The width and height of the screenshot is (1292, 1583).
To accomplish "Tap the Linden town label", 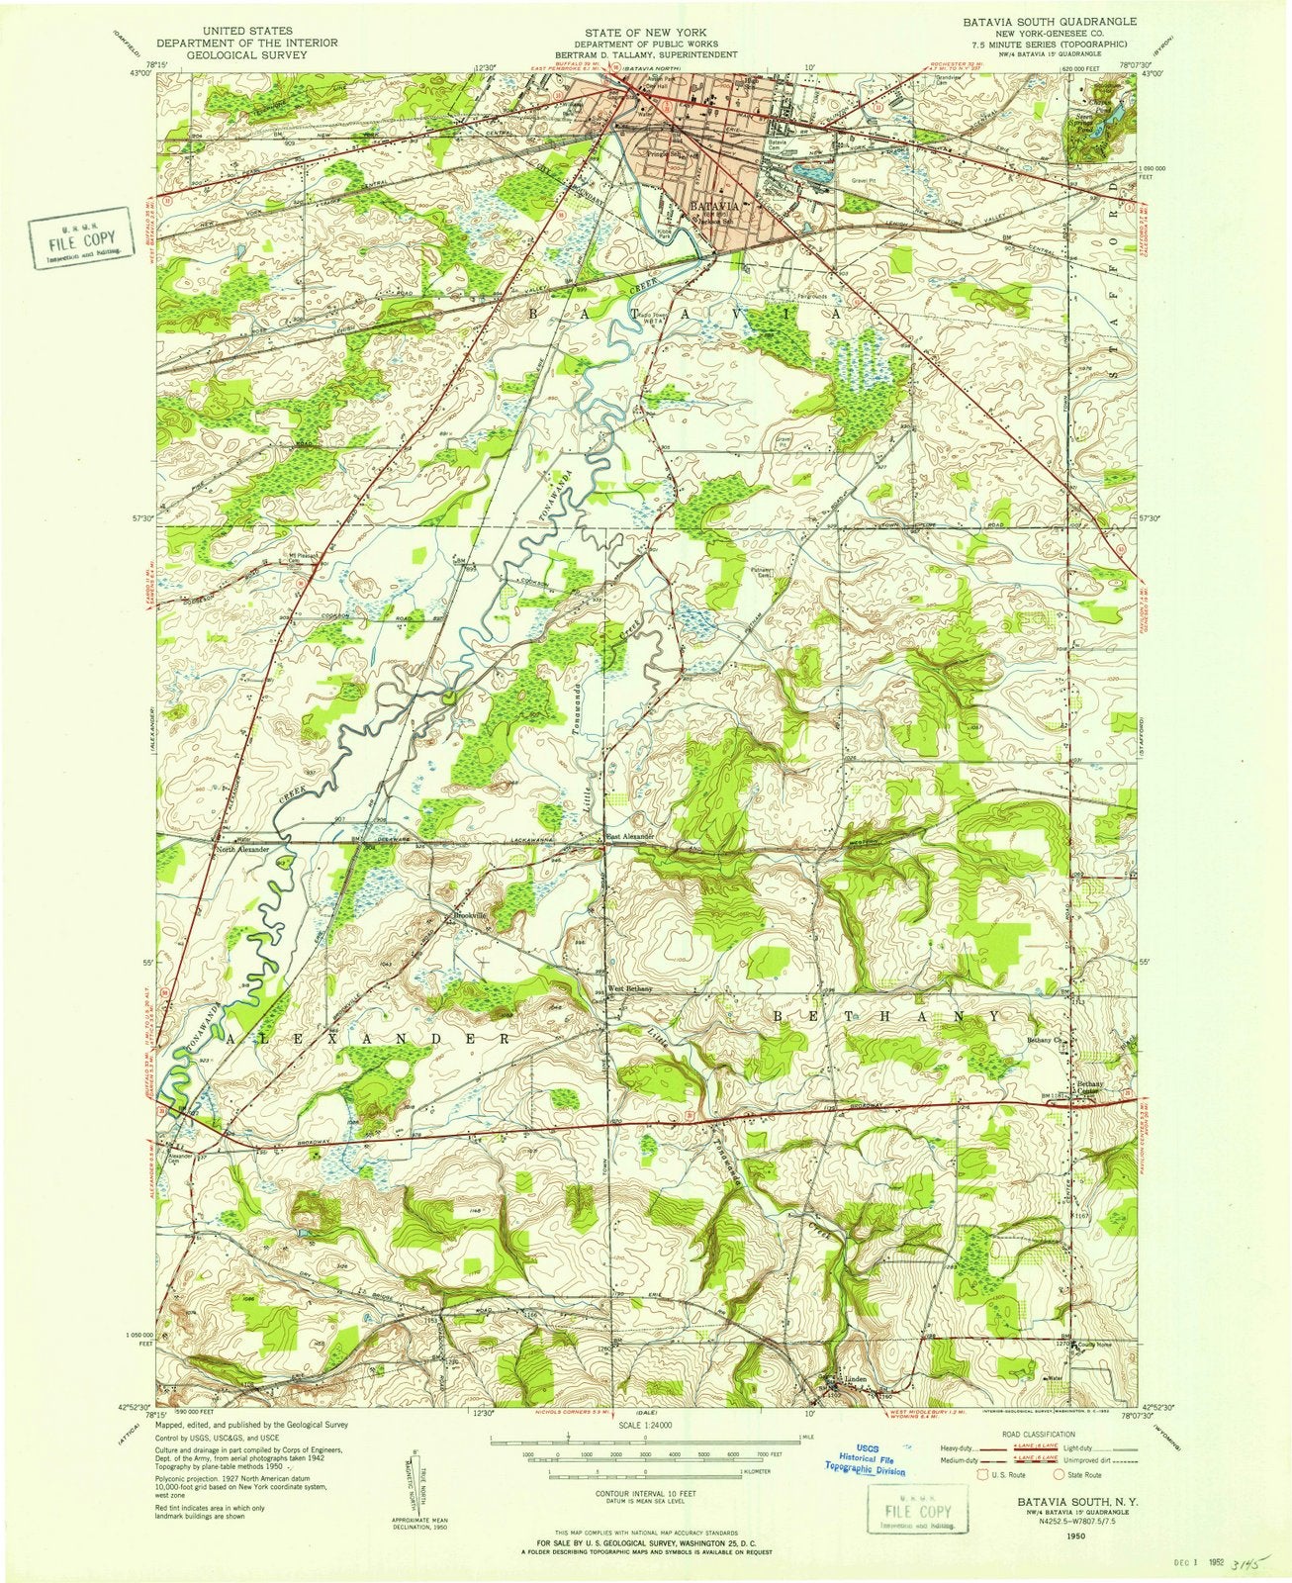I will tap(857, 1381).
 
